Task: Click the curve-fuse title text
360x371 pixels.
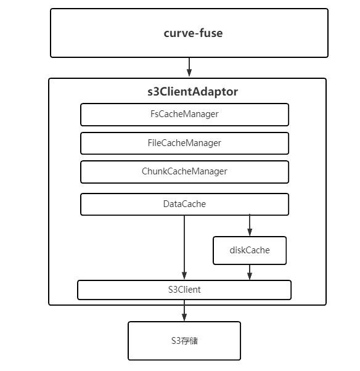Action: click(193, 33)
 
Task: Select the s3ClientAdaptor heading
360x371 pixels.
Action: click(193, 92)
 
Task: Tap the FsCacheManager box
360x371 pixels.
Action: click(184, 115)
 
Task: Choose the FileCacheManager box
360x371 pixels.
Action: click(184, 144)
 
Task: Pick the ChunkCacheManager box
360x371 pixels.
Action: click(184, 172)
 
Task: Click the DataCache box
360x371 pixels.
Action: click(184, 204)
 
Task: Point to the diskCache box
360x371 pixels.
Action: click(250, 250)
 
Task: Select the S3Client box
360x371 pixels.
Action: click(184, 290)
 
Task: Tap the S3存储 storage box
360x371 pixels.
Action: click(184, 341)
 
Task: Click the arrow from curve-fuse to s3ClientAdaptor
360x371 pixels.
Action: click(189, 67)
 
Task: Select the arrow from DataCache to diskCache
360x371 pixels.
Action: click(250, 226)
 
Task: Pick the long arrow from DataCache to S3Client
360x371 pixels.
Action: click(184, 248)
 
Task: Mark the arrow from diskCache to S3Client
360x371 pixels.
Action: click(250, 272)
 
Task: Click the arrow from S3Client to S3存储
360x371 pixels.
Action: click(184, 311)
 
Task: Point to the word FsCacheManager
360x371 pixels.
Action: click(184, 114)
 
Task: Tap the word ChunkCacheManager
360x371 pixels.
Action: click(184, 171)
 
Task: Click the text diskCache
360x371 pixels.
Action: click(250, 250)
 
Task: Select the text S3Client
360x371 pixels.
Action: click(184, 290)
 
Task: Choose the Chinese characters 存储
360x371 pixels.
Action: click(190, 341)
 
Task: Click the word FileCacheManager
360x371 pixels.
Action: click(184, 143)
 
